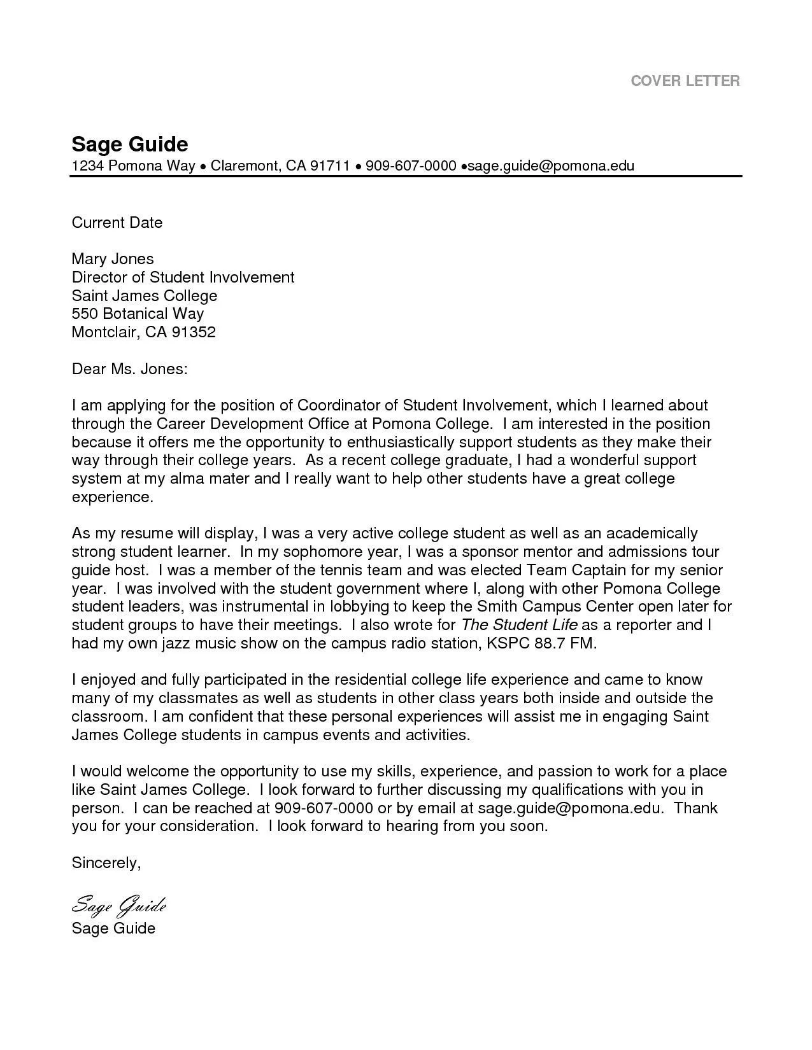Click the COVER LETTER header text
click(685, 81)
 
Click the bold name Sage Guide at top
click(129, 143)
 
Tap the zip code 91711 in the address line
click(330, 166)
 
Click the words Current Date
click(117, 222)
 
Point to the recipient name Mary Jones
click(112, 258)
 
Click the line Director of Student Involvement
click(183, 277)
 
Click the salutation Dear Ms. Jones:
click(129, 368)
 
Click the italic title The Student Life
click(519, 624)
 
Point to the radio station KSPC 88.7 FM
click(542, 643)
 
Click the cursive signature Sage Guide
click(118, 904)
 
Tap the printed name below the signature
click(113, 928)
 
